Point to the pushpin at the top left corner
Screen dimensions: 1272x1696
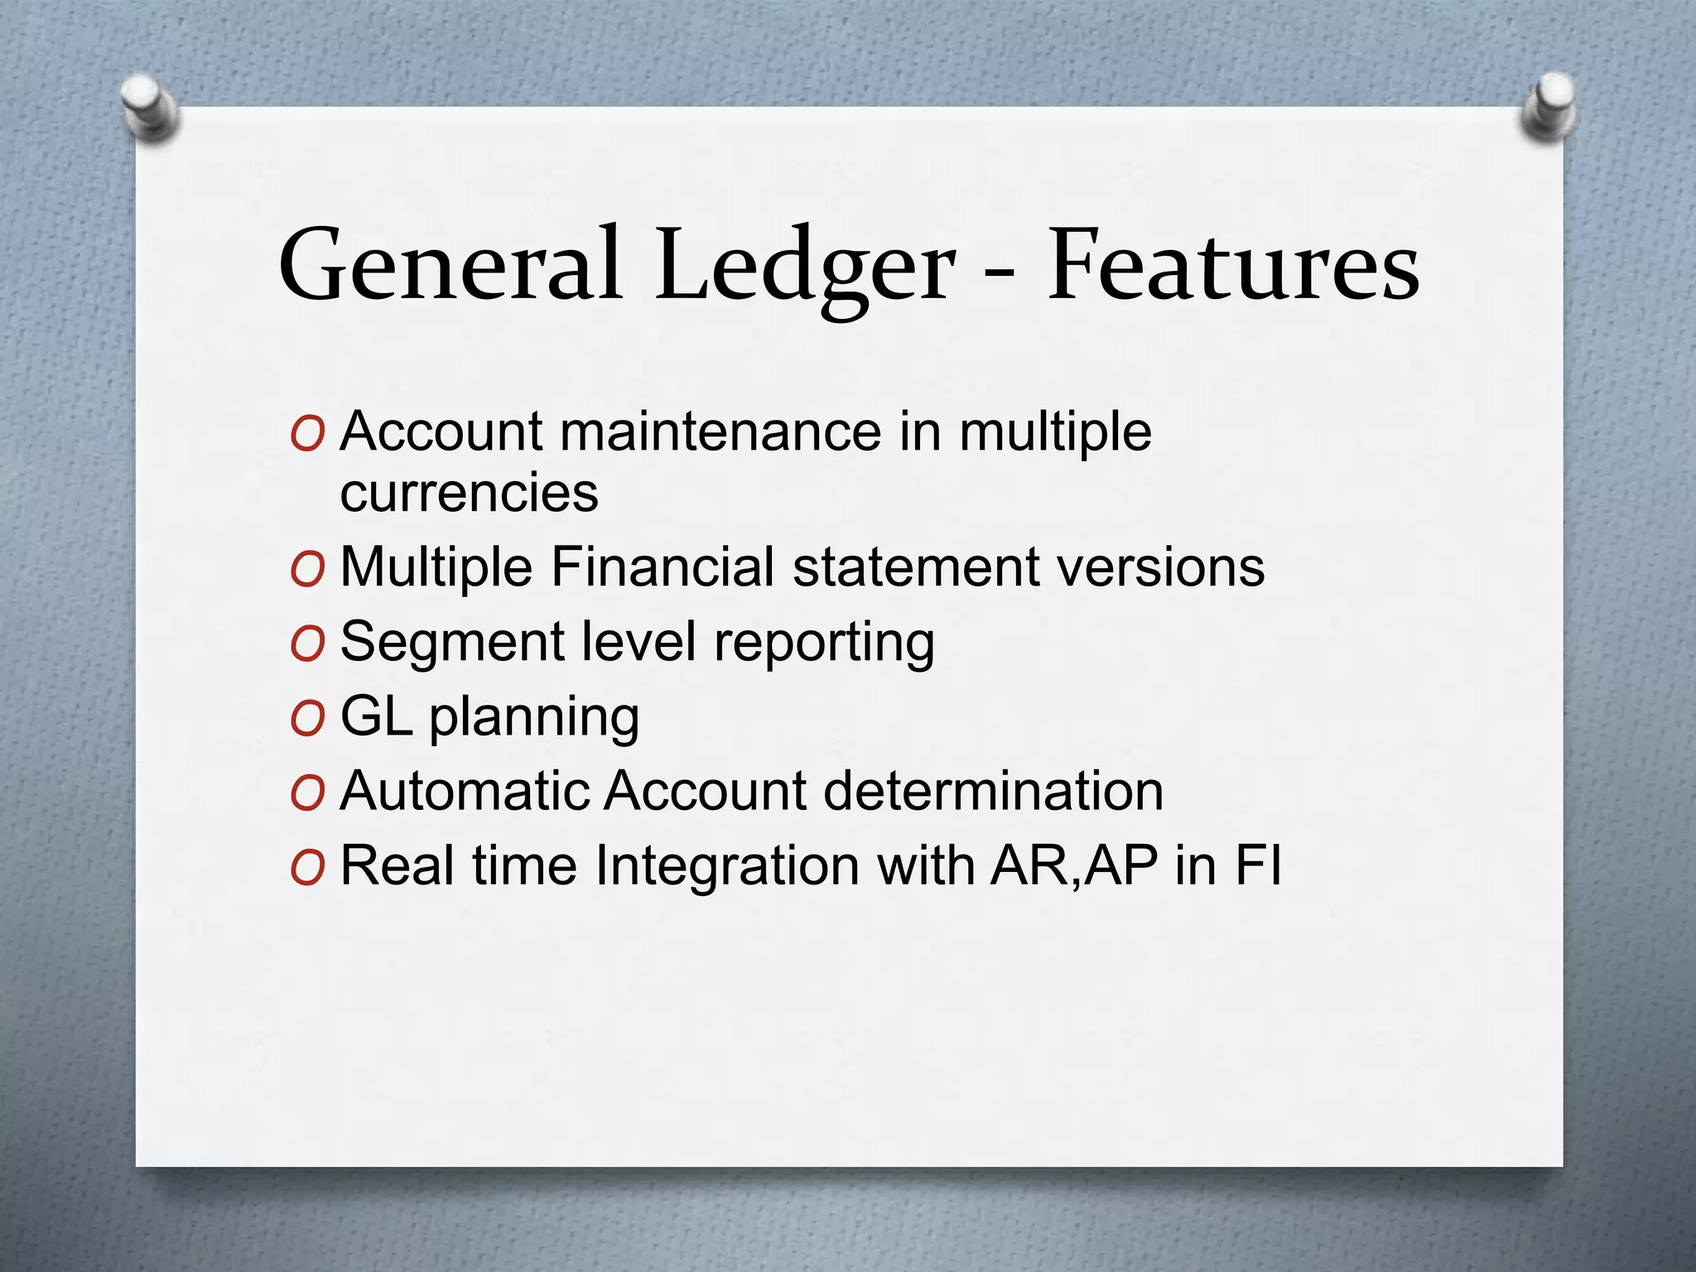[150, 107]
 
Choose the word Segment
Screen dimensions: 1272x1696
[453, 643]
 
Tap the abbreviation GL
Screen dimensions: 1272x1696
[377, 716]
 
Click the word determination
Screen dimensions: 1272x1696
[994, 791]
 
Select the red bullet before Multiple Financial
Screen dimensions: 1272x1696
[307, 571]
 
